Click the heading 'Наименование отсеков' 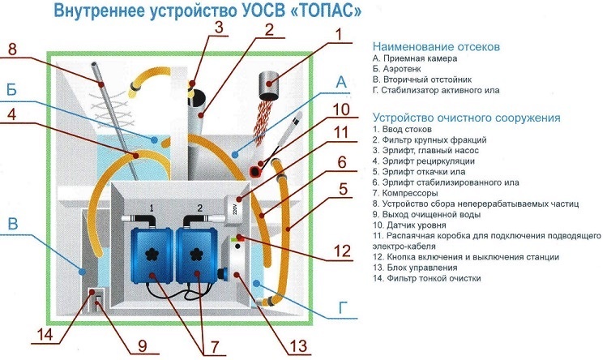(434, 46)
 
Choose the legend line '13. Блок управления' (422, 268)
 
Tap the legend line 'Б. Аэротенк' (402, 71)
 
